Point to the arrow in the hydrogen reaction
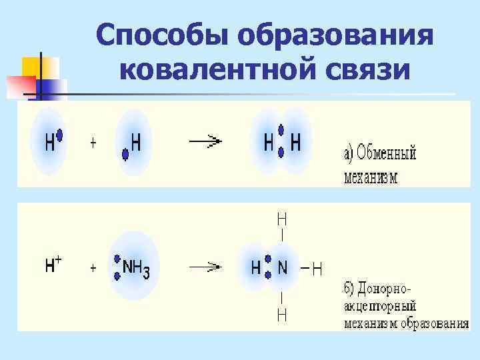[205, 141]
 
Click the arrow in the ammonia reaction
[205, 267]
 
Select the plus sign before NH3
[93, 268]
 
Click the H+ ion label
[53, 265]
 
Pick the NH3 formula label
[136, 268]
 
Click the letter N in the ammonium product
[283, 268]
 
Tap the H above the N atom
[283, 218]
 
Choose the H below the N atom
[283, 314]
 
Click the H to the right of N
[317, 269]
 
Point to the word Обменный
[387, 155]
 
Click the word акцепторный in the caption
[380, 307]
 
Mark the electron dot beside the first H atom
[59, 135]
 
